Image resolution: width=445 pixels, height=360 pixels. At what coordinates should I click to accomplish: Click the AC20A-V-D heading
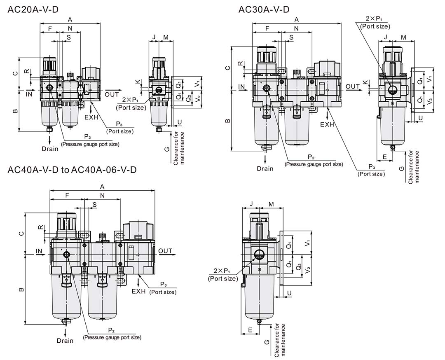[x=33, y=9]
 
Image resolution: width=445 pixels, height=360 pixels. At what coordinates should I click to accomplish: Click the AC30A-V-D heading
[x=264, y=9]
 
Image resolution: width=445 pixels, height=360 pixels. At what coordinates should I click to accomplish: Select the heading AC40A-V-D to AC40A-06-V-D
[x=72, y=170]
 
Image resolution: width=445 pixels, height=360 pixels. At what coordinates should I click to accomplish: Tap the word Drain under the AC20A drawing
[x=50, y=149]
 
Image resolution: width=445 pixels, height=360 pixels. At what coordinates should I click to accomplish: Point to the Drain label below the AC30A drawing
[x=265, y=168]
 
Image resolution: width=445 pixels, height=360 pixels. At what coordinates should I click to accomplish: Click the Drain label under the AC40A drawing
[x=65, y=341]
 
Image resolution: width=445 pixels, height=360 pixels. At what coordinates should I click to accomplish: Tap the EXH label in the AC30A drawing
[x=327, y=124]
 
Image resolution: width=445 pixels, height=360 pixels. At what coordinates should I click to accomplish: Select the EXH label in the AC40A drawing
[x=139, y=292]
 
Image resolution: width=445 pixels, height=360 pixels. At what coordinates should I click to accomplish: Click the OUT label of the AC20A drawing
[x=112, y=94]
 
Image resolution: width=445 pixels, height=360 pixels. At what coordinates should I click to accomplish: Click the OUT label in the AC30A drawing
[x=353, y=86]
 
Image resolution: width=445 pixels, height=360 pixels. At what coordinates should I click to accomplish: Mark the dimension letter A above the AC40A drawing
[x=102, y=187]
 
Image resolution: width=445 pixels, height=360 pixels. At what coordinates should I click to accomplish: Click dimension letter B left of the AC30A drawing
[x=227, y=121]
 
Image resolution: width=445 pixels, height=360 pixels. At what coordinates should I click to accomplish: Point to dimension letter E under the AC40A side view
[x=250, y=330]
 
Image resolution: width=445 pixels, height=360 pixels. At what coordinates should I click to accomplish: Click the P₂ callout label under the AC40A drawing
[x=111, y=330]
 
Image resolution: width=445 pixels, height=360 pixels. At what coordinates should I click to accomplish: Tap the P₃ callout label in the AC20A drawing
[x=119, y=124]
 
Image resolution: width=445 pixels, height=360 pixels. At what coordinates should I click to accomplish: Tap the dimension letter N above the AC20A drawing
[x=70, y=28]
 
